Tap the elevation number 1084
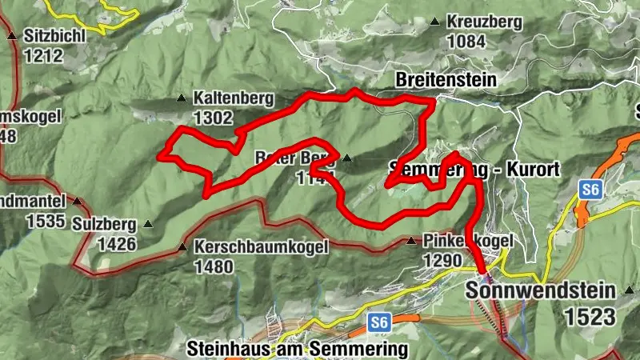467,40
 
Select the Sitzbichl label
54,36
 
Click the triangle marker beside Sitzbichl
12,36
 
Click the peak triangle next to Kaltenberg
181,98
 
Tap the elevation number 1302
213,118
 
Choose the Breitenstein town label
446,80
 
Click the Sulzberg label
104,225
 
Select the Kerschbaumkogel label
262,247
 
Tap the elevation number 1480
213,266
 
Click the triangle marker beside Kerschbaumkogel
183,247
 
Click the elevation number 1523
590,317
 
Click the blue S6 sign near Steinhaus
379,322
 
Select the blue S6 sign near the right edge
590,190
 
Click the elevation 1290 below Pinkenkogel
443,261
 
